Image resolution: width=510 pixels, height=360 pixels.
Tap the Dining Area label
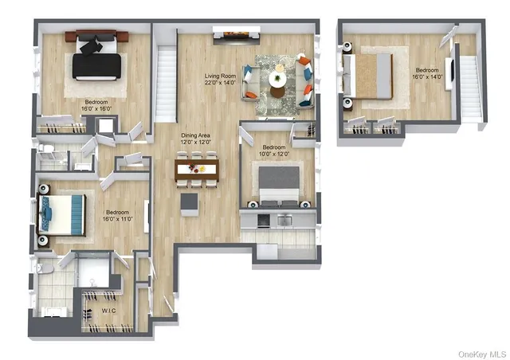click(197, 135)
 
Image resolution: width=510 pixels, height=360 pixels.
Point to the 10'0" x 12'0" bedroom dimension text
click(273, 155)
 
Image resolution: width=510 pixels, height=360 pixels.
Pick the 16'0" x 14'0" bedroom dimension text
click(426, 77)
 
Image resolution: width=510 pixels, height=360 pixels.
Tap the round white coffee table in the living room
click(277, 79)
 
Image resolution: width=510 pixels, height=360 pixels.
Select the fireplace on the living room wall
click(235, 33)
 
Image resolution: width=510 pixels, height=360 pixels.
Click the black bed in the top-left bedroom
click(96, 60)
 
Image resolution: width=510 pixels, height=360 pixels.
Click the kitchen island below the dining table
click(189, 203)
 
